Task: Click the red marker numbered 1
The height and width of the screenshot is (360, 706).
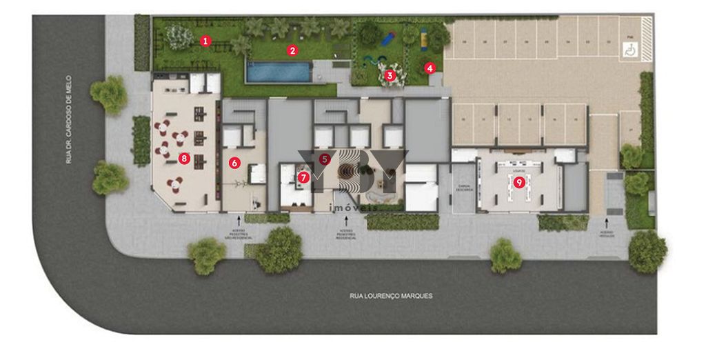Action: pyautogui.click(x=205, y=41)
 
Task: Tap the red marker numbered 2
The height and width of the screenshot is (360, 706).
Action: pyautogui.click(x=292, y=50)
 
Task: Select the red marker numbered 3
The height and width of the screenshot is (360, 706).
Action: pyautogui.click(x=390, y=74)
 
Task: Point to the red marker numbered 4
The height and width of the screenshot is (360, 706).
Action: pyautogui.click(x=430, y=68)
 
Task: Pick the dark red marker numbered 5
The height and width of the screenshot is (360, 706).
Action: pyautogui.click(x=325, y=158)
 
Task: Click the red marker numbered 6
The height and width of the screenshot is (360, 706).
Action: pyautogui.click(x=234, y=163)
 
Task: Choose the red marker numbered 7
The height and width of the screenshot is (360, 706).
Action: pyautogui.click(x=303, y=177)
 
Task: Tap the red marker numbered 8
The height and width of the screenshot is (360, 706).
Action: pyautogui.click(x=183, y=159)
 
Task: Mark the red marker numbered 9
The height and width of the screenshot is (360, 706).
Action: pyautogui.click(x=518, y=182)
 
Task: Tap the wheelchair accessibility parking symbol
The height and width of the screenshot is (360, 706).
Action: pyautogui.click(x=629, y=50)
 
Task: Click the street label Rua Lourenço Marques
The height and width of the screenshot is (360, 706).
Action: pyautogui.click(x=391, y=296)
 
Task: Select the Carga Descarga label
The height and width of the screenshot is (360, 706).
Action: pyautogui.click(x=463, y=188)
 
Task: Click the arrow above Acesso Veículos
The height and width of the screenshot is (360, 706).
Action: pyautogui.click(x=607, y=222)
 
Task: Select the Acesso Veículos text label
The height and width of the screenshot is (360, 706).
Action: pyautogui.click(x=607, y=234)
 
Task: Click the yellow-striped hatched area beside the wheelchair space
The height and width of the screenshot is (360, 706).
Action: pyautogui.click(x=645, y=30)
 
